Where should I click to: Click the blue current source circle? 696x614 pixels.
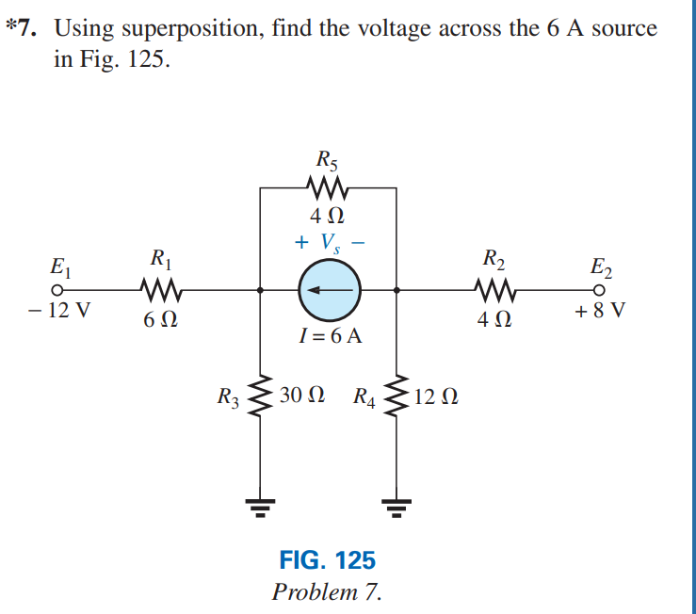[329, 290]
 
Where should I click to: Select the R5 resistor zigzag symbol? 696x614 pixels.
[328, 187]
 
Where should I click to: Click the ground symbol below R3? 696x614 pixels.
[260, 509]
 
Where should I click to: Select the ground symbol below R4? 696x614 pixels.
[396, 509]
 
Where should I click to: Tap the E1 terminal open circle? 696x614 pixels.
[57, 290]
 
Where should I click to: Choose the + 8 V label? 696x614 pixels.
[600, 313]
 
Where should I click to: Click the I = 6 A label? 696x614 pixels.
[329, 336]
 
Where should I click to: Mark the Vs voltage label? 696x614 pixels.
[329, 242]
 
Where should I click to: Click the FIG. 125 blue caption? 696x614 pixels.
[327, 560]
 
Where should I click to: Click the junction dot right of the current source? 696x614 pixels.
[396, 290]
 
